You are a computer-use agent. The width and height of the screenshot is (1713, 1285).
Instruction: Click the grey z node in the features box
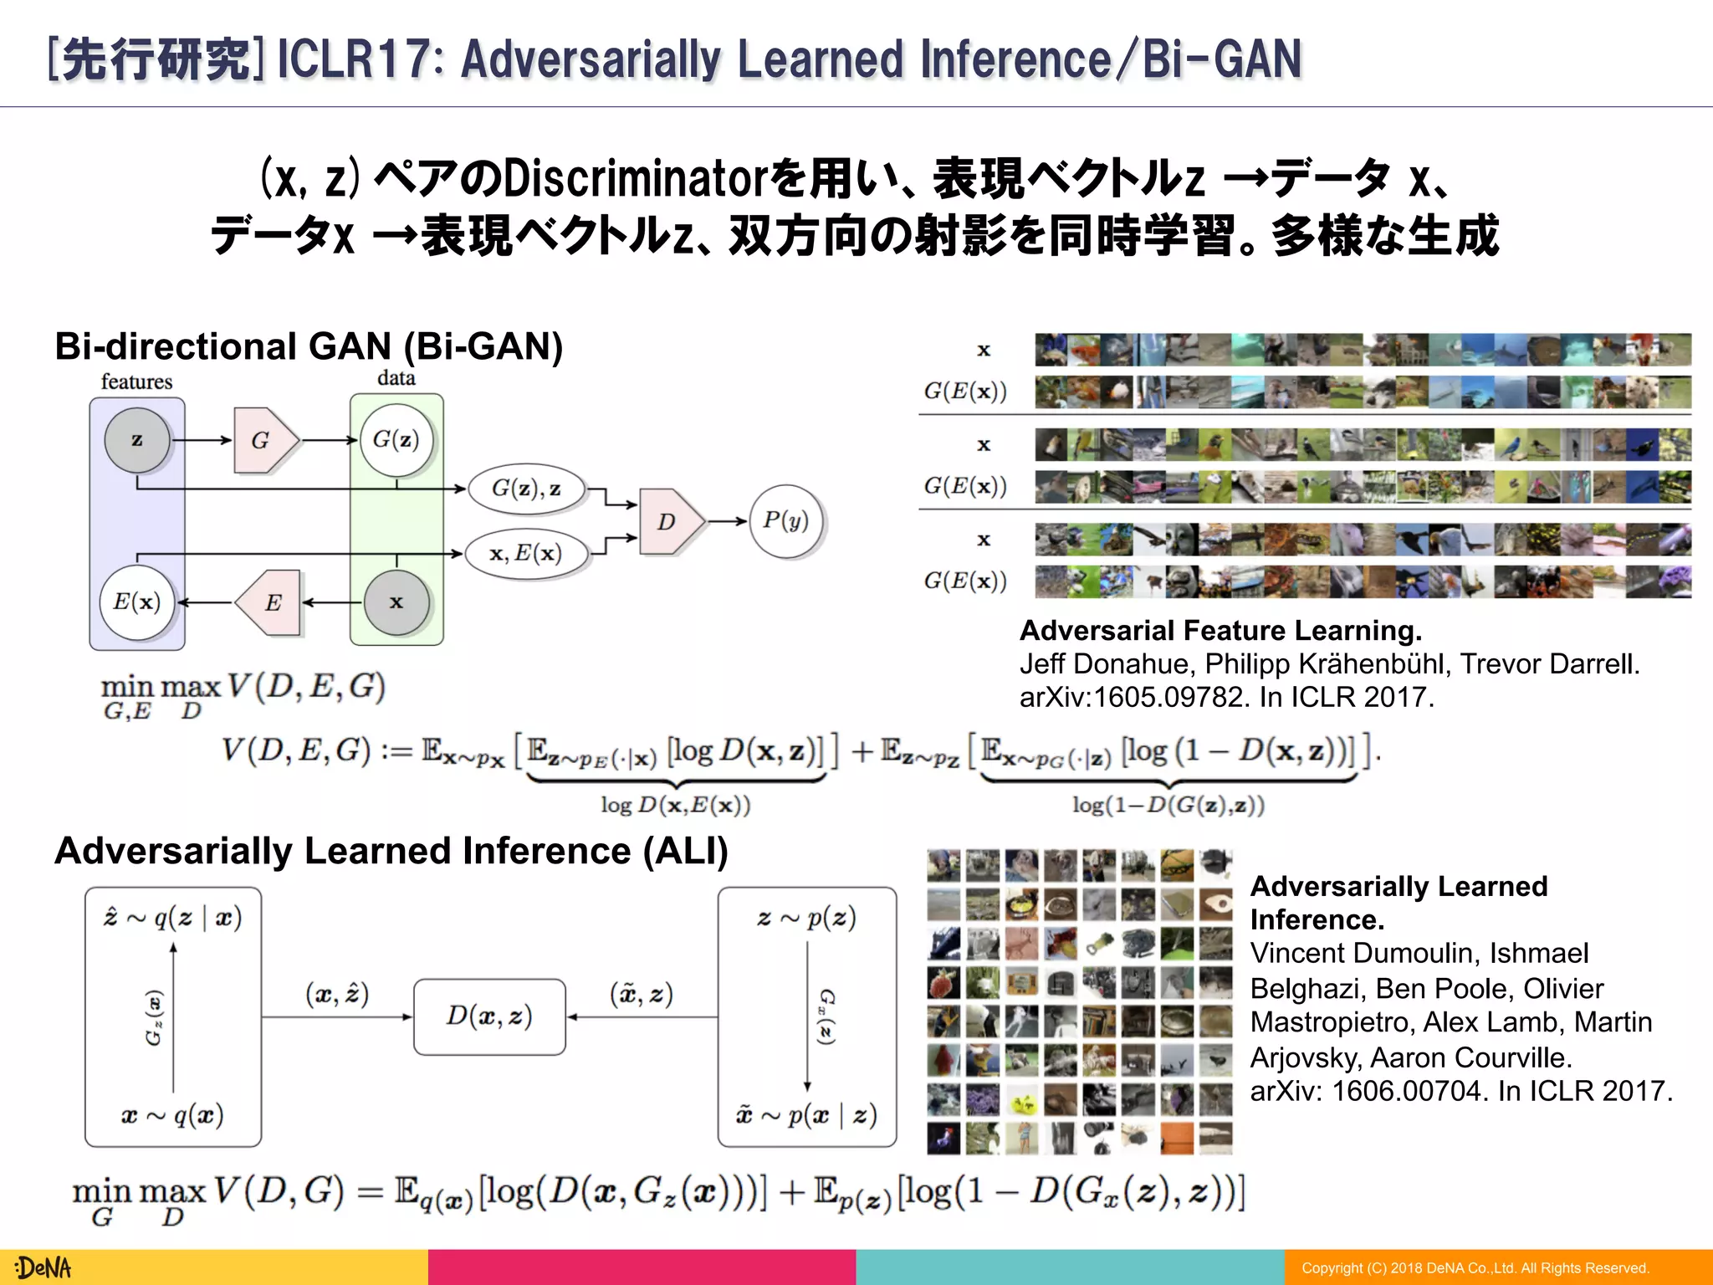(137, 440)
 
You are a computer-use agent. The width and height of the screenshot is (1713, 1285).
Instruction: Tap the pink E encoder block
(270, 602)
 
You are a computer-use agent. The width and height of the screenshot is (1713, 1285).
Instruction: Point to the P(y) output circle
(785, 521)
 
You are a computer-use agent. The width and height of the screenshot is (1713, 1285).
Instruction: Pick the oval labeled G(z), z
(526, 488)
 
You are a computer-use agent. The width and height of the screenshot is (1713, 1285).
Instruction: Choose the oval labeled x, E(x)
(526, 553)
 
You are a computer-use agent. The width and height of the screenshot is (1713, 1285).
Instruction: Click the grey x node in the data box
(396, 602)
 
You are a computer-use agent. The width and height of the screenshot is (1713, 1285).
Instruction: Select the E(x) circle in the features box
(137, 602)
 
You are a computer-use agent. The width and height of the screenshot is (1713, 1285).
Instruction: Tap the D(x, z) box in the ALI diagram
(489, 1016)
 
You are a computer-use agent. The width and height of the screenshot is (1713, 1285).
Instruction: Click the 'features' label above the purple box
(136, 382)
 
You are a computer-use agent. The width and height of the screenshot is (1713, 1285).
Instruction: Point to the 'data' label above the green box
(396, 378)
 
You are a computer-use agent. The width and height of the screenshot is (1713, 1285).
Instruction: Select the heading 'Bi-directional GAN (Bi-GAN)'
(309, 346)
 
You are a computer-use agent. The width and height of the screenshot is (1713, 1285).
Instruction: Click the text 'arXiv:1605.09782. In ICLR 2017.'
(1226, 697)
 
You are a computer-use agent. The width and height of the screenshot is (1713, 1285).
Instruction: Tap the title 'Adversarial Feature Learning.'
(1220, 630)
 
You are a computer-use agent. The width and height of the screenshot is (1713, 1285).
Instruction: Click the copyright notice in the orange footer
(1475, 1268)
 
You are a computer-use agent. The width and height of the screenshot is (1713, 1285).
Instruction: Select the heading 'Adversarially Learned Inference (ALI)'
(391, 851)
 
